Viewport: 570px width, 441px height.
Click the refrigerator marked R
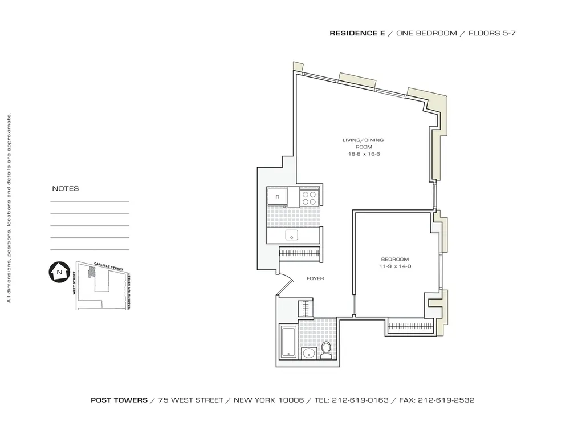(277, 197)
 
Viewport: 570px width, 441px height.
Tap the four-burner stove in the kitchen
(309, 197)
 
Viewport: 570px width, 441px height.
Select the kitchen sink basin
(292, 236)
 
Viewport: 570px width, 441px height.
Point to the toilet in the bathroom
(327, 350)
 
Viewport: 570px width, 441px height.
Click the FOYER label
(315, 278)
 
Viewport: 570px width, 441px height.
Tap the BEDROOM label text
(392, 259)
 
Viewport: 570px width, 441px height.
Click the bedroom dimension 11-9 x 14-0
(392, 266)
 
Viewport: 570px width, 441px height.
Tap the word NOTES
(66, 188)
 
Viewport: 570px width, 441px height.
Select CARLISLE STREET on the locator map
(108, 266)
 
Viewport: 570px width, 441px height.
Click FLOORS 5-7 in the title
(492, 33)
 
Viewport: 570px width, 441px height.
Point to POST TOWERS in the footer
(119, 400)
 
